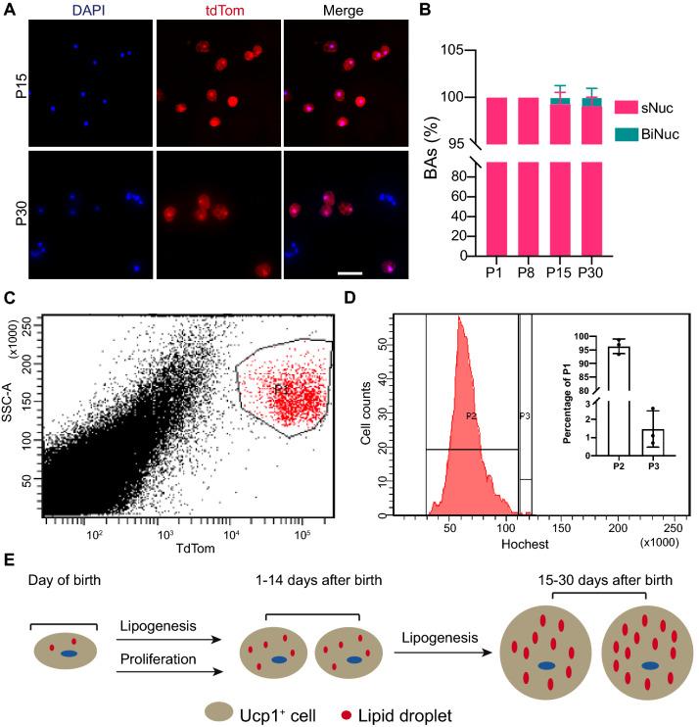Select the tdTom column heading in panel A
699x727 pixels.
(x=217, y=11)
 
